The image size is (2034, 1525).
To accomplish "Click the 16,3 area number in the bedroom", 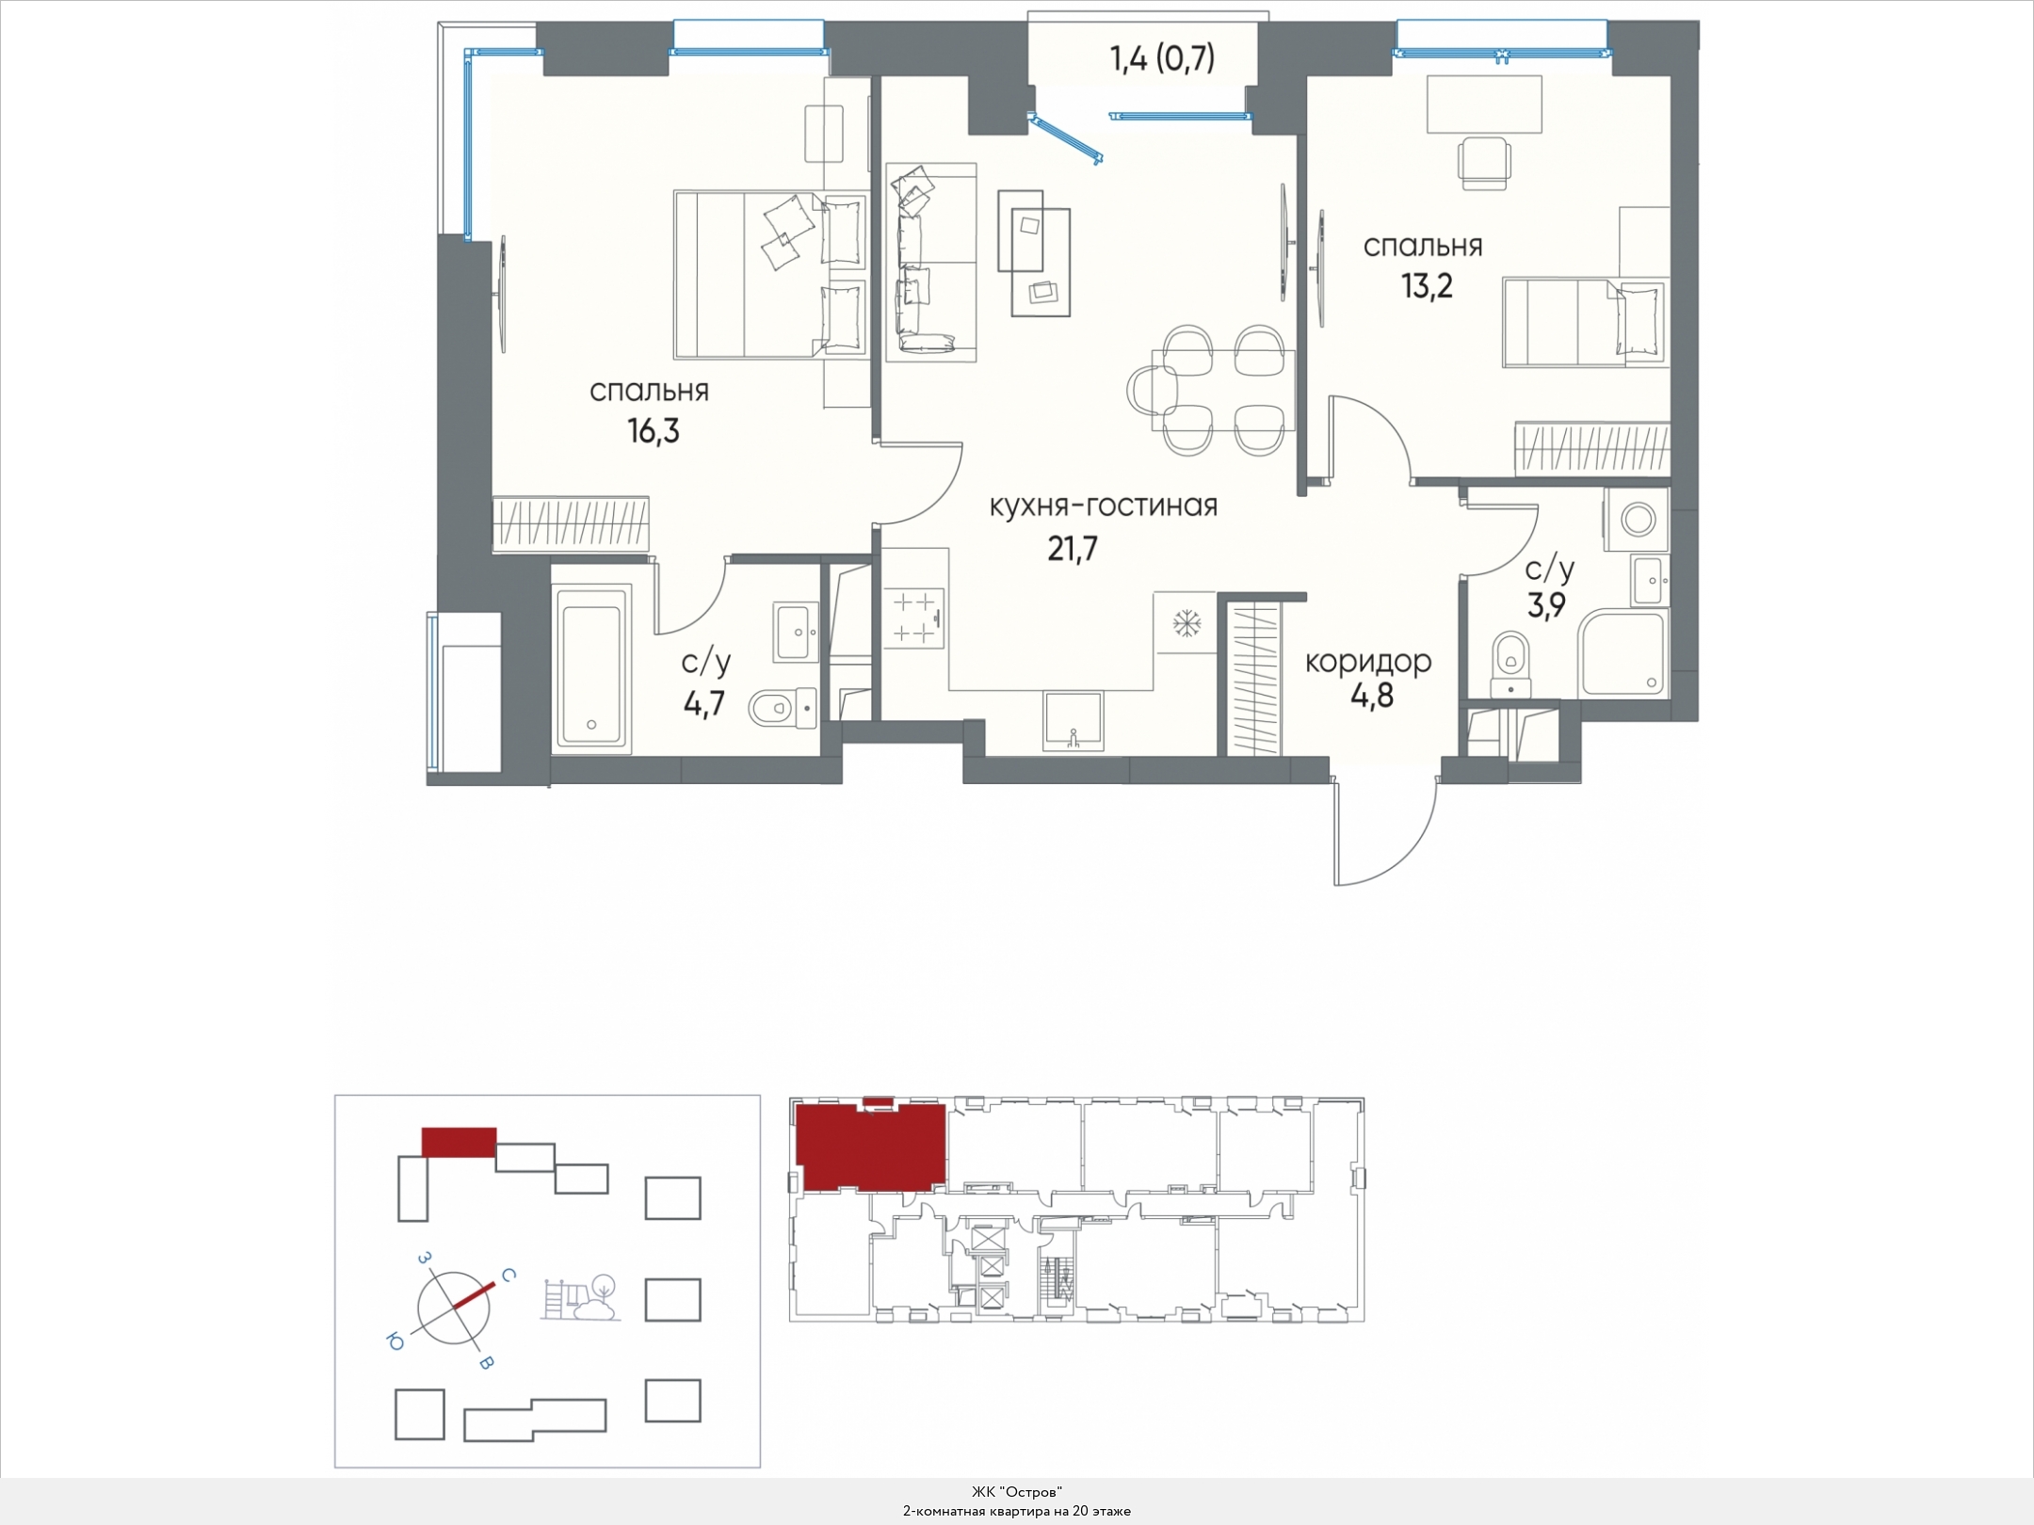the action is coord(653,432).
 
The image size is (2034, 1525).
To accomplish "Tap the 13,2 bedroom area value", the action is coord(1427,285).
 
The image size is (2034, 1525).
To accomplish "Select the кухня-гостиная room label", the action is coord(1103,506).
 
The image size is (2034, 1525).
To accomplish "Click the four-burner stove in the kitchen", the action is coord(913,618).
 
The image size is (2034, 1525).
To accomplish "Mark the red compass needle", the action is coord(474,1295).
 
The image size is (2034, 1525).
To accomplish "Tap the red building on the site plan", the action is coord(459,1142).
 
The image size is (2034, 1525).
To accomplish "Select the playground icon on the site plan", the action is coord(580,1298).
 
